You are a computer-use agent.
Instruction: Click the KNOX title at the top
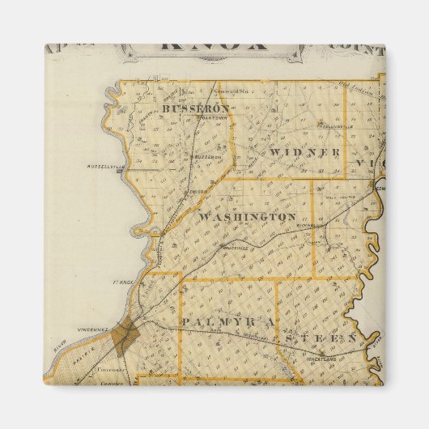[x=214, y=45]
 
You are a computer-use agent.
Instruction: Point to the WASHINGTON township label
[x=247, y=217]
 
